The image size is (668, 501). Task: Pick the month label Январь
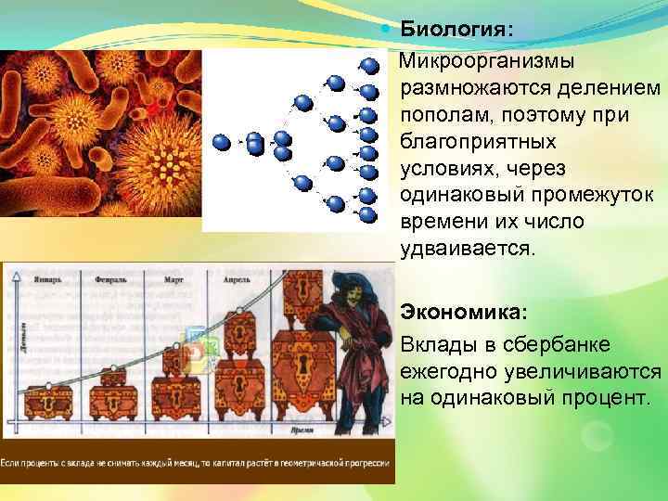47,277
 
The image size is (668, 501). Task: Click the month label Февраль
111,277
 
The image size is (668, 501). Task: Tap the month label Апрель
238,277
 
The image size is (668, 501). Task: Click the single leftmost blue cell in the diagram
221,142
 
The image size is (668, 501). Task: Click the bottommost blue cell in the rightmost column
367,216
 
